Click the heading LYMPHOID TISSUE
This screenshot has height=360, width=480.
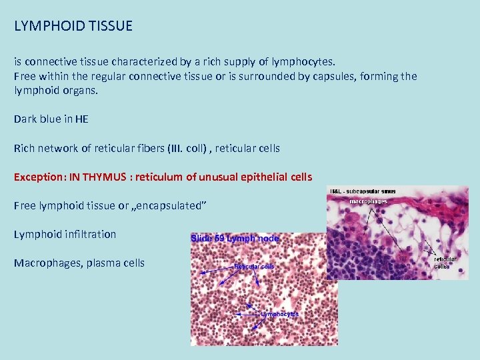[73, 26]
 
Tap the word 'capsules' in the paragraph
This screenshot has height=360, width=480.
[329, 76]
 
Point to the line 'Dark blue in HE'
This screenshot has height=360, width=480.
[51, 119]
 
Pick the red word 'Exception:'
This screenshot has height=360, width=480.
[39, 177]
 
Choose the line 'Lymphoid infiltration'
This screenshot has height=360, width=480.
[65, 235]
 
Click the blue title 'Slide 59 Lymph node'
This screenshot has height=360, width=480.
[235, 238]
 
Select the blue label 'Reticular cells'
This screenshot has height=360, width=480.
[254, 267]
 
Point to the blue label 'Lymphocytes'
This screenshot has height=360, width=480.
[279, 313]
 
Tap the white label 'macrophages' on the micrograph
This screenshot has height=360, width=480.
[369, 201]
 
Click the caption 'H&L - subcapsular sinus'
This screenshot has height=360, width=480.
[363, 192]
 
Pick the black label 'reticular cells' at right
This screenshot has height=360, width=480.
[445, 263]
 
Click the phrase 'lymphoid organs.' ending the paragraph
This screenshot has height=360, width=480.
[55, 90]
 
